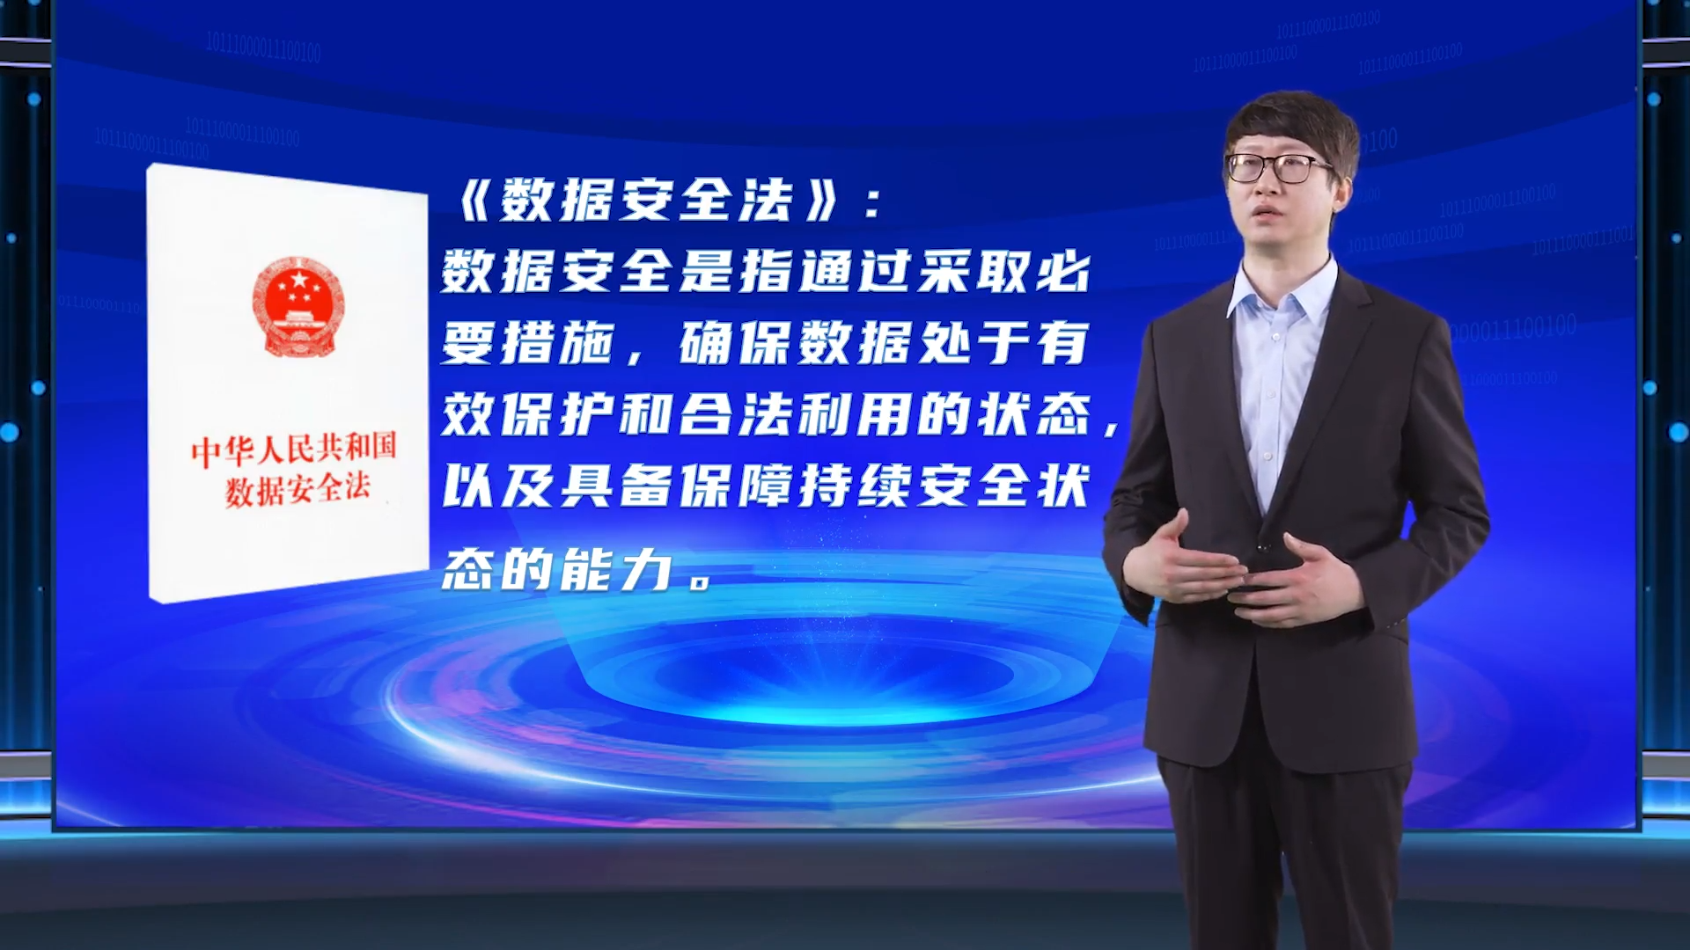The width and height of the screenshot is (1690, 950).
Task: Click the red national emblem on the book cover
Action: pos(298,306)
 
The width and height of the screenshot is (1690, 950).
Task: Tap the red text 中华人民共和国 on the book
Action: pos(294,449)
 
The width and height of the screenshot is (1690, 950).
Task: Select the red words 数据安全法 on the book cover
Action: pos(298,489)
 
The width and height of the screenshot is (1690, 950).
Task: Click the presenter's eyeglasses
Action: pos(1282,167)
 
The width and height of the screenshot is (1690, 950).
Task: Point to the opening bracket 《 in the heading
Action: pos(476,201)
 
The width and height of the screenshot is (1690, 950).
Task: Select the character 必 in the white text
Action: pos(1063,271)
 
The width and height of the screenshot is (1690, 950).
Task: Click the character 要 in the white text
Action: pos(467,342)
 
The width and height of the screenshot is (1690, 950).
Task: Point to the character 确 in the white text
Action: pos(706,342)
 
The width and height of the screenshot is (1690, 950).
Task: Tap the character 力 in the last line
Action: pos(646,569)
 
